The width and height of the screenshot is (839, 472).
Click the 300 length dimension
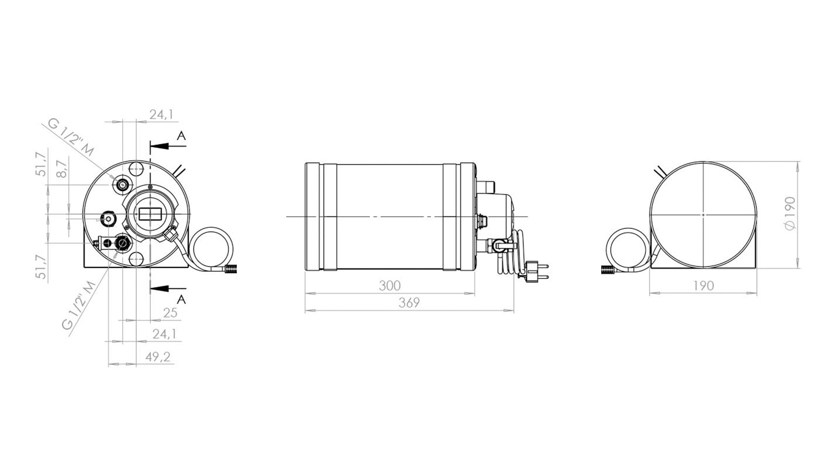[389, 286]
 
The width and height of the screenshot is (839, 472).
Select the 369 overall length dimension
[409, 302]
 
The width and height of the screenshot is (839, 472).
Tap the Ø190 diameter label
[790, 213]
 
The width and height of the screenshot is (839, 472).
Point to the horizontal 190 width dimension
[704, 286]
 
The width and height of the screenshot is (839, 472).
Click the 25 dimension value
[170, 312]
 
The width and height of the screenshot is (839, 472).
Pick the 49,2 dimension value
[158, 357]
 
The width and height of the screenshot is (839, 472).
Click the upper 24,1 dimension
[162, 115]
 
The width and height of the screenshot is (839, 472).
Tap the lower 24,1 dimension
[164, 334]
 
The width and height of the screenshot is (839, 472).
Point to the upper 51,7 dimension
[41, 164]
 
